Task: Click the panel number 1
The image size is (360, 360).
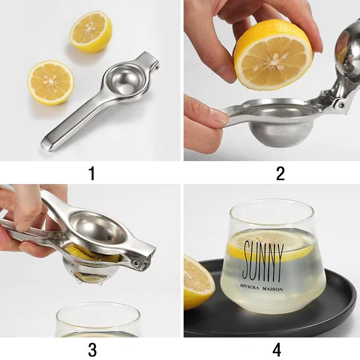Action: point(92,172)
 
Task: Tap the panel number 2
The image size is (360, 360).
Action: point(280,172)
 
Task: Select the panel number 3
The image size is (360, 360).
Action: point(92,349)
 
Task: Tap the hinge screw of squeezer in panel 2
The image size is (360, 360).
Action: point(341,105)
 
